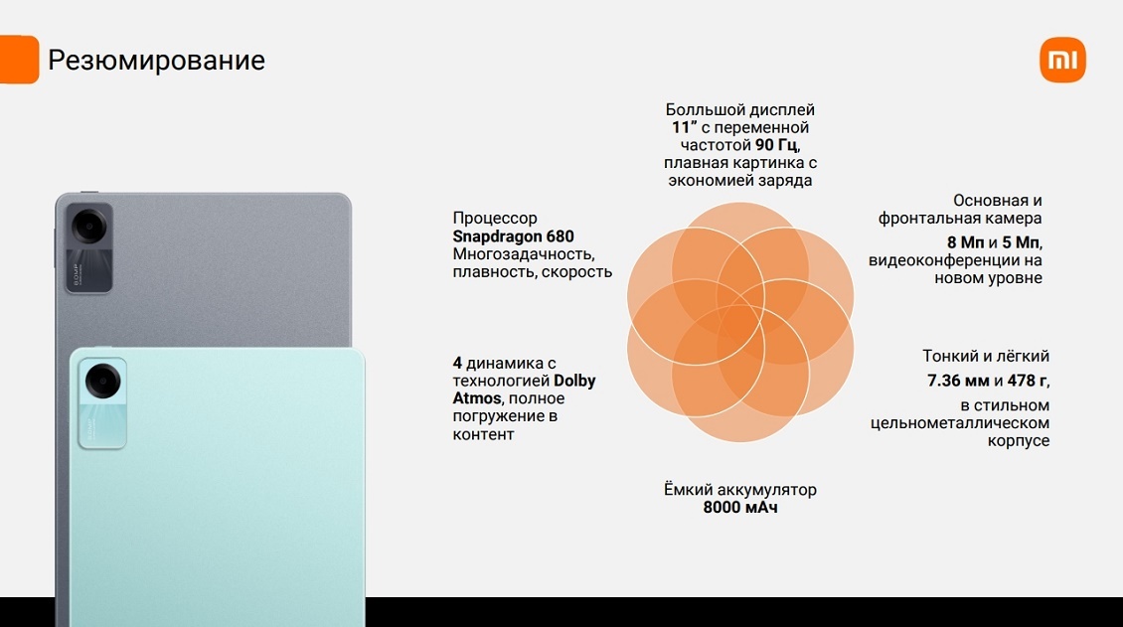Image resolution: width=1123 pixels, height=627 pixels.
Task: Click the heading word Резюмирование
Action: (x=156, y=61)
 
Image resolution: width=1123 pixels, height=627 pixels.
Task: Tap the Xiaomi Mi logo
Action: (x=1062, y=60)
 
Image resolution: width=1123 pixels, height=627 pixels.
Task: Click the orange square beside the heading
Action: (x=19, y=60)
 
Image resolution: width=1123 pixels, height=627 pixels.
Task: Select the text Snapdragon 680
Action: (x=513, y=236)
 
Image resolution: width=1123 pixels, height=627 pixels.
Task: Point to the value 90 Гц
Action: (x=776, y=145)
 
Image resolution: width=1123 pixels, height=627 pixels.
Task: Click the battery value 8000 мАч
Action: (x=739, y=508)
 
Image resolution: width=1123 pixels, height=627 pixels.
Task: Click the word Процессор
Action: (x=494, y=219)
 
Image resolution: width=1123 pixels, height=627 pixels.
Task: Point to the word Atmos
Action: (x=476, y=398)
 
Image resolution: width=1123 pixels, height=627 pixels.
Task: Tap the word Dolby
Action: (x=574, y=382)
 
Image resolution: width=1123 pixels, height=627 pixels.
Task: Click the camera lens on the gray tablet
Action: (x=89, y=228)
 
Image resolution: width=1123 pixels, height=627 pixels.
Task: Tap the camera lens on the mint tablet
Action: (x=103, y=381)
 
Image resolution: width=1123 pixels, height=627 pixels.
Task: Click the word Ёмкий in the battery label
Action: (x=688, y=490)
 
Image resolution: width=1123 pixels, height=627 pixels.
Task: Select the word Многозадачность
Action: (x=522, y=254)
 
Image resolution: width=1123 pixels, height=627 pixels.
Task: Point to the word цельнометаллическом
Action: (x=960, y=423)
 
